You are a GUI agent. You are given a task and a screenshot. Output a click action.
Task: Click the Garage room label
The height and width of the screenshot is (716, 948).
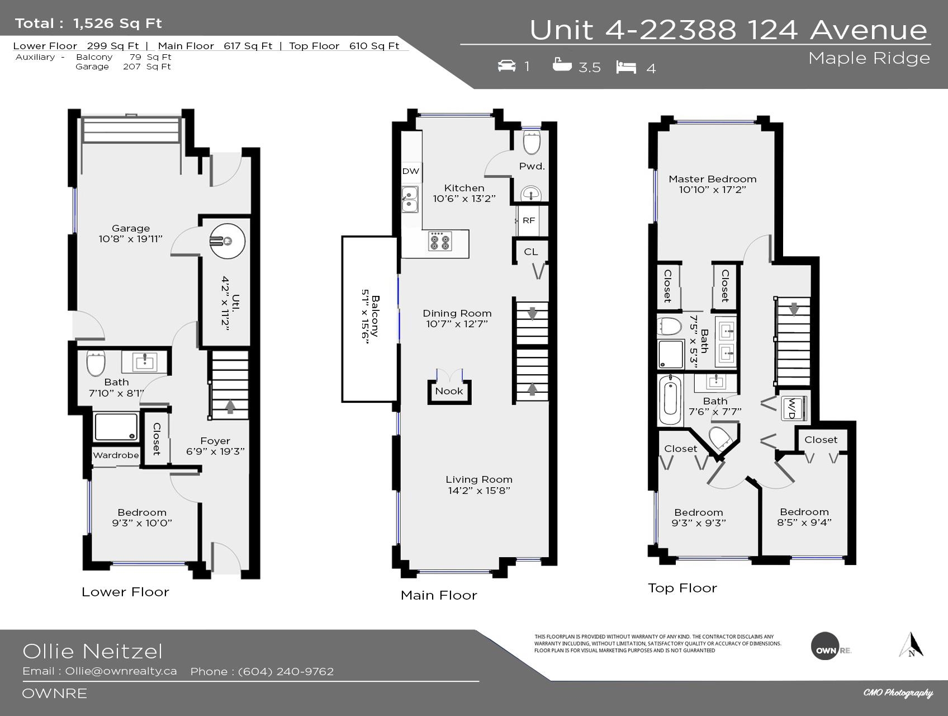131,228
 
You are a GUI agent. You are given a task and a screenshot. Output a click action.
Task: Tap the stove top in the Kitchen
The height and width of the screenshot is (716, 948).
440,241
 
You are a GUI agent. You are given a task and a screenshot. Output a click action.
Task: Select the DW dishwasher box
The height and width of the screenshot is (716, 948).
411,171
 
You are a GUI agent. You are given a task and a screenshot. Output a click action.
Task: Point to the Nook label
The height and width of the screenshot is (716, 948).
449,391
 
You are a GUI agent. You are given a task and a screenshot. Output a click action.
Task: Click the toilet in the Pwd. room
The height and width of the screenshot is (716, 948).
532,143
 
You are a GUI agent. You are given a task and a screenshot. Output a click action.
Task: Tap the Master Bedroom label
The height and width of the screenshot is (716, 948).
713,179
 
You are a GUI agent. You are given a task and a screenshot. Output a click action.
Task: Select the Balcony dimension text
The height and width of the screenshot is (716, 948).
366,317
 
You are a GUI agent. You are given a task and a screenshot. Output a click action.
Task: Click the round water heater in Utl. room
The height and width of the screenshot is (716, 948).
227,241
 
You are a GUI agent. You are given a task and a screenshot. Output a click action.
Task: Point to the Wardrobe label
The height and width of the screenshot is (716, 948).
116,455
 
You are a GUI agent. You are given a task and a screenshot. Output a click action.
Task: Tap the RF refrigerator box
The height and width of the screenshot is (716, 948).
529,220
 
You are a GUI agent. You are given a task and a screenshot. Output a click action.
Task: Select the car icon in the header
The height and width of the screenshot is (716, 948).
506,66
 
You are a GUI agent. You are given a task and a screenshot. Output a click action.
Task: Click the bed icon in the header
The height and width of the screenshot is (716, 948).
627,67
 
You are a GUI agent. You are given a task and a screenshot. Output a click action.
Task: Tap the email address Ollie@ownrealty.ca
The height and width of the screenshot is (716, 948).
121,671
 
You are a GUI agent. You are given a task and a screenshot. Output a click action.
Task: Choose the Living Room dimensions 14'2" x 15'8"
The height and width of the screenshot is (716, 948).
479,491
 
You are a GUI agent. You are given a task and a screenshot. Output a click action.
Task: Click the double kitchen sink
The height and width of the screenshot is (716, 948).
410,200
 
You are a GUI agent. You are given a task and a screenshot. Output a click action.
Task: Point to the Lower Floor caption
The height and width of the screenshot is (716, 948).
125,592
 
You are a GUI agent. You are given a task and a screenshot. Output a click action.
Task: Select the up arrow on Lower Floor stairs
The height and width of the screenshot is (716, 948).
230,406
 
